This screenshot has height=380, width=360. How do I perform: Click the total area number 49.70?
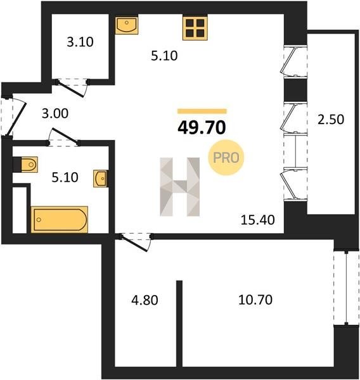(x=202, y=128)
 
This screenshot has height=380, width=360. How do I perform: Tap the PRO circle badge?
(x=226, y=158)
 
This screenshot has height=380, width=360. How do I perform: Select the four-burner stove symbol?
(x=195, y=28)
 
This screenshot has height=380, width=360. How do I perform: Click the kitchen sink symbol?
(x=126, y=25)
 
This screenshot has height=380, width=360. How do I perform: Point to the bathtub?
(x=60, y=220)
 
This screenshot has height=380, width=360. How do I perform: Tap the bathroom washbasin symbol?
(x=101, y=179)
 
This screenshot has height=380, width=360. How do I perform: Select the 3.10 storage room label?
(x=80, y=42)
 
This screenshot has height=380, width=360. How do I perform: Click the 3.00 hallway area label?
(x=55, y=113)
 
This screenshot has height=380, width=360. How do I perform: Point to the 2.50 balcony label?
(x=331, y=120)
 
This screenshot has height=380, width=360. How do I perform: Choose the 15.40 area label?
(x=257, y=220)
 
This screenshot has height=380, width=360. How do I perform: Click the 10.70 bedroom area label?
(x=255, y=300)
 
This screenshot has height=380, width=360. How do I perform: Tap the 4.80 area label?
(x=145, y=300)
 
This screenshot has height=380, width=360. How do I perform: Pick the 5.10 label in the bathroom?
(x=65, y=177)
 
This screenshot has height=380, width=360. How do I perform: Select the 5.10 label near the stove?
(x=164, y=56)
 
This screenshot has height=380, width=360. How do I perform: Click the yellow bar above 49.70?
(x=202, y=111)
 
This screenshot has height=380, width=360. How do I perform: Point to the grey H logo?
(x=180, y=187)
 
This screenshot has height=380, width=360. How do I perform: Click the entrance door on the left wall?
(x=16, y=118)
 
